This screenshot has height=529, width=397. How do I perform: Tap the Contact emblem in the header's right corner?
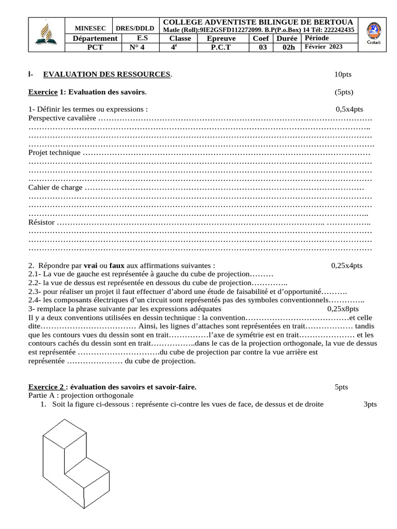click(x=373, y=34)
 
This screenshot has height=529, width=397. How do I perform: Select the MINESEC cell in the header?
click(x=90, y=29)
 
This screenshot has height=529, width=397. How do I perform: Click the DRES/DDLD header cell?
click(x=134, y=29)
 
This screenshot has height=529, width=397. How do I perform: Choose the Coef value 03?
click(x=263, y=47)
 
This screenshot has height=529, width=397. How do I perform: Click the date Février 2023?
click(x=324, y=46)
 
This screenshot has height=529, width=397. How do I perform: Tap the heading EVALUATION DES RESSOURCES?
click(x=106, y=75)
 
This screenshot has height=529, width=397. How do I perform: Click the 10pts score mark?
click(x=342, y=75)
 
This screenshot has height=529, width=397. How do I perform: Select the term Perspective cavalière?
click(x=62, y=118)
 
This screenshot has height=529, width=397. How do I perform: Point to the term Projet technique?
click(x=54, y=152)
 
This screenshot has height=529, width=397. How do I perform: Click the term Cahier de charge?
click(x=55, y=188)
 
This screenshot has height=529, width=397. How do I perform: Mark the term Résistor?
click(x=41, y=223)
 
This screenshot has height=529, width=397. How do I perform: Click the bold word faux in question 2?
click(x=117, y=266)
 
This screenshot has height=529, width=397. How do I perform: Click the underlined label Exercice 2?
click(x=47, y=387)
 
